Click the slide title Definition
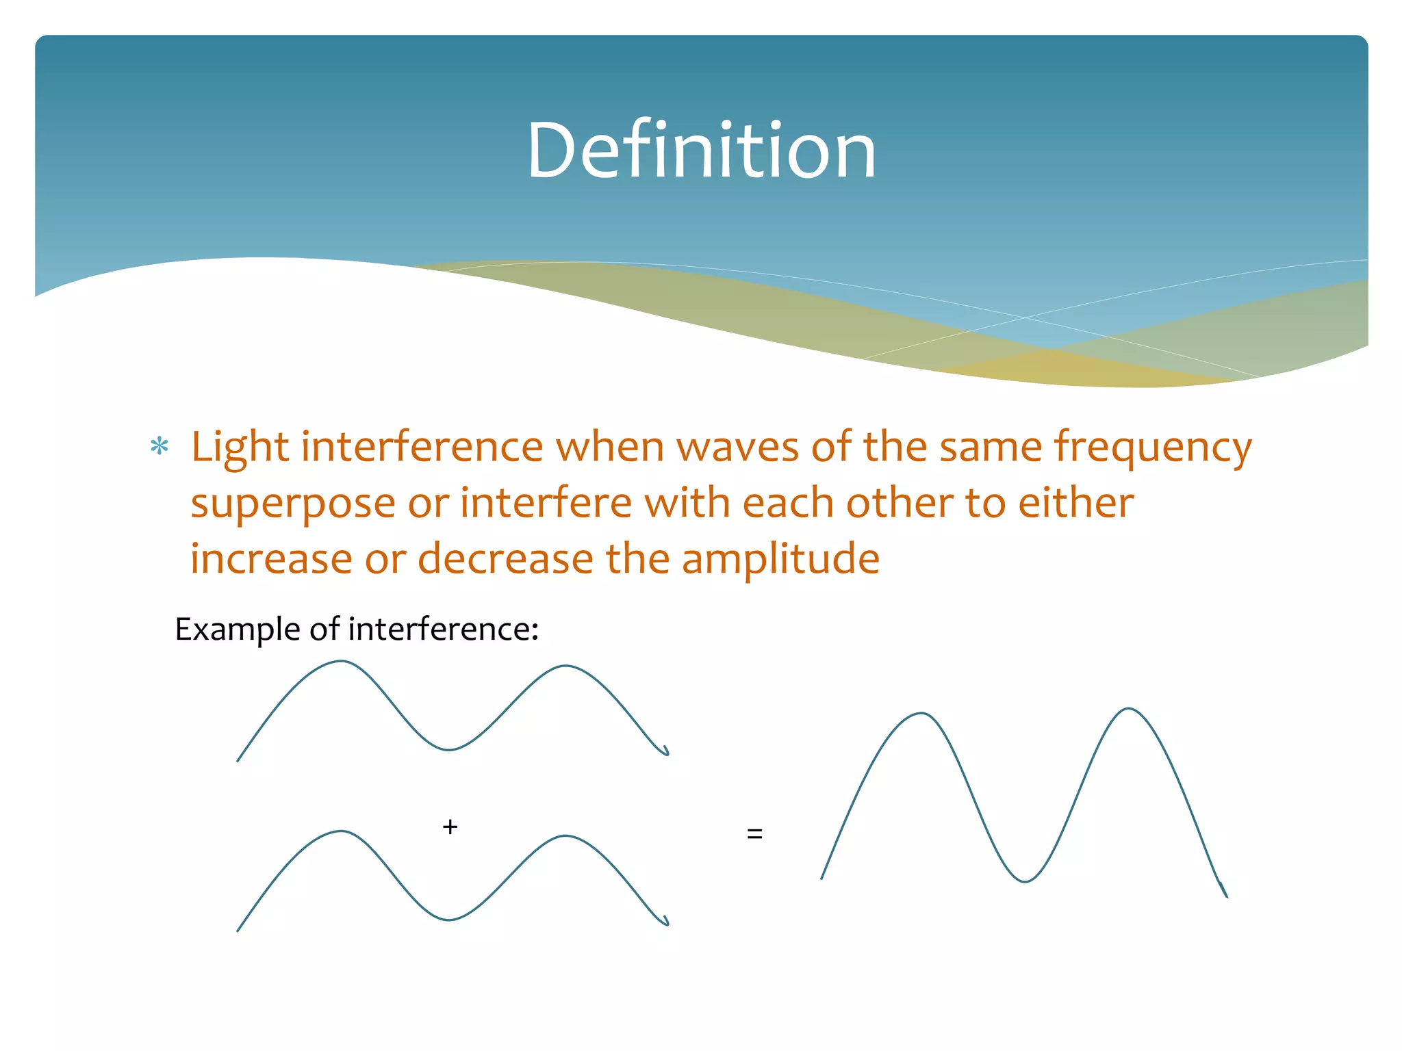tap(701, 151)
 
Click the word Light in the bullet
tap(240, 447)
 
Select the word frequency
tap(1153, 449)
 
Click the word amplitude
tap(780, 560)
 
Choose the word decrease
tap(505, 558)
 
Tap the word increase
tap(271, 558)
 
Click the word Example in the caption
tap(237, 630)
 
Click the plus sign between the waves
tap(450, 827)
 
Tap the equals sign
tap(754, 833)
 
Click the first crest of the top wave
tap(341, 662)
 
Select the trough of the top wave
tap(448, 749)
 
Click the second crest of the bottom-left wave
tap(565, 836)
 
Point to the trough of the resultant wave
tap(1025, 881)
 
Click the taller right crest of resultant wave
tap(1128, 710)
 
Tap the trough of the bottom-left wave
tap(448, 919)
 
